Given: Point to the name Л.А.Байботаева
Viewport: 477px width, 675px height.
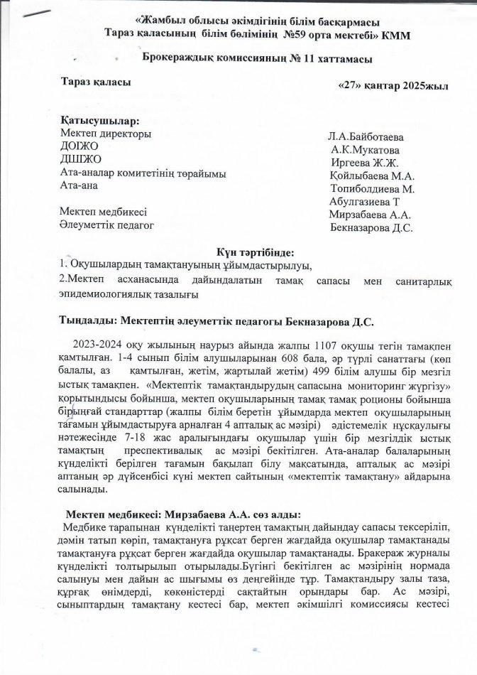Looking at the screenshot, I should point(366,136).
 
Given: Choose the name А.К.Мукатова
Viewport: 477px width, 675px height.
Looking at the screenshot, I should point(365,150).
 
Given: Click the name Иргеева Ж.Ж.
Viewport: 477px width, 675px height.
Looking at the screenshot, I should point(360,163).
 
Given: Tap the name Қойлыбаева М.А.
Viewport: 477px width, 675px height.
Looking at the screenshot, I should point(372,175).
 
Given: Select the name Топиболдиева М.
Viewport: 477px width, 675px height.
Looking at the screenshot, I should point(373,189).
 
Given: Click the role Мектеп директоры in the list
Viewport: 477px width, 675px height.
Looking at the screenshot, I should point(106,134).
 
